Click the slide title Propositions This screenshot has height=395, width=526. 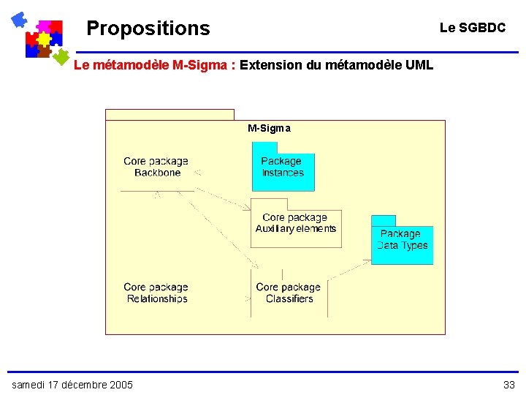148,29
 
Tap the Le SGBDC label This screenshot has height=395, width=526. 472,28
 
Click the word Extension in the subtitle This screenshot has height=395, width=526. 271,65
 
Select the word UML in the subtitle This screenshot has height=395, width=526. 419,65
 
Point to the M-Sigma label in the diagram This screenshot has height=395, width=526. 269,128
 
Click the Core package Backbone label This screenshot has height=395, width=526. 156,167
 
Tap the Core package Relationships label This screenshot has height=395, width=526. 156,293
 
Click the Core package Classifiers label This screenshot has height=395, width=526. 289,293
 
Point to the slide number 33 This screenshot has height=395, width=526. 508,385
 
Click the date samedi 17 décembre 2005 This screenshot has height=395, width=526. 72,385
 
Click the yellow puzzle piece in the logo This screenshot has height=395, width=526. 44,38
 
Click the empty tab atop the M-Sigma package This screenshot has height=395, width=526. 169,114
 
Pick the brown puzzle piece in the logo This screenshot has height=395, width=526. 43,51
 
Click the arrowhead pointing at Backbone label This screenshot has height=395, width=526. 198,173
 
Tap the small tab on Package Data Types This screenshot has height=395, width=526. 383,220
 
